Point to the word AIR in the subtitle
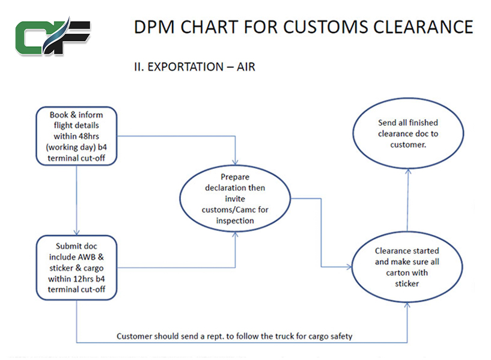coord(245,67)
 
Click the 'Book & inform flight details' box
coord(76,136)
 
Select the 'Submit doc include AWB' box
coord(76,267)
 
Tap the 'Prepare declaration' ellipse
coord(234,199)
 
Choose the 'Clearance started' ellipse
coord(407,266)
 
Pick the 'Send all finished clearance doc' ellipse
coord(407,133)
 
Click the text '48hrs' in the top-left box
coord(89,136)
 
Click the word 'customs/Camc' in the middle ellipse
coord(234,210)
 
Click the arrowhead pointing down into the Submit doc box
coord(77,233)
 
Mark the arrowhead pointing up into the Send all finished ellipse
coord(407,171)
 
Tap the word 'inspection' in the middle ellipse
coord(234,221)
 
